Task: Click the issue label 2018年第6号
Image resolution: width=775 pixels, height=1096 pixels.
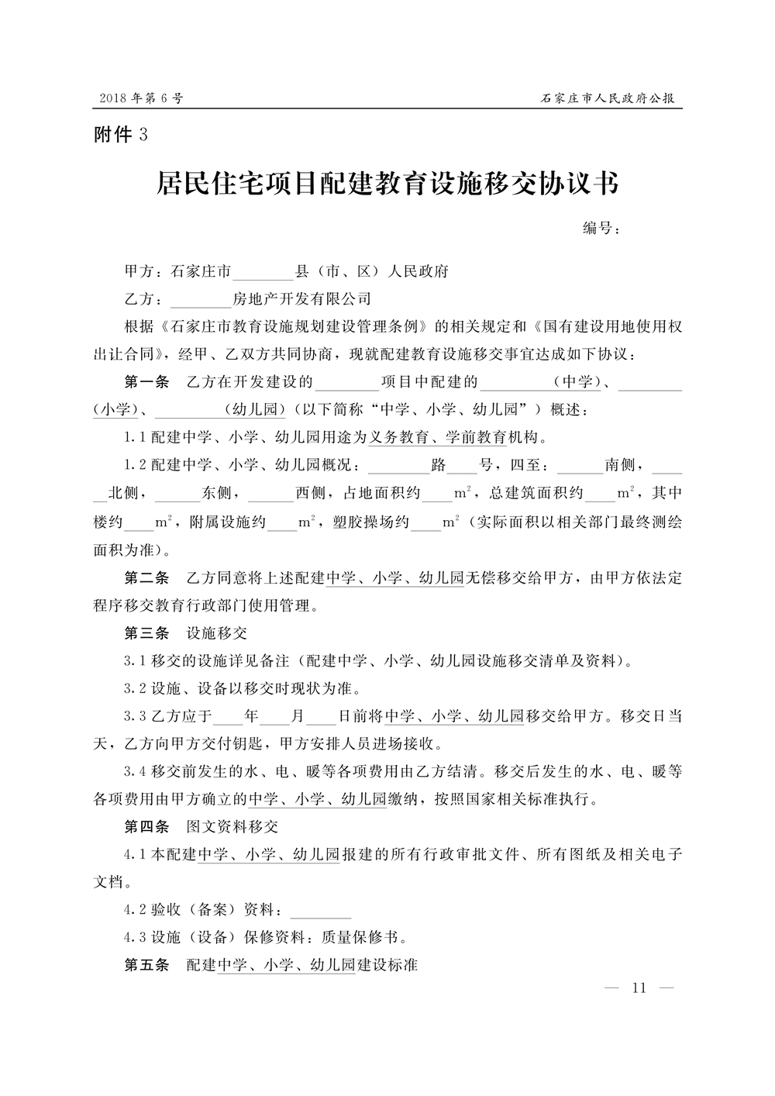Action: (141, 99)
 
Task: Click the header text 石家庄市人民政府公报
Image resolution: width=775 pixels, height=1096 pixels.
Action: (608, 99)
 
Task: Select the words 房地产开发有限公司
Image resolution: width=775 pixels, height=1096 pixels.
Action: (301, 299)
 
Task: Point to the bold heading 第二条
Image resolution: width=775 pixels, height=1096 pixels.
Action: (146, 578)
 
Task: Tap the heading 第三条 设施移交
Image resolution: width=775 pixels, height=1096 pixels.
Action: (186, 633)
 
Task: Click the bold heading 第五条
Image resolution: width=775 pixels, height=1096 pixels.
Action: (146, 966)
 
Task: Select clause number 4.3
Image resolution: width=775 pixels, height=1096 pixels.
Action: (135, 938)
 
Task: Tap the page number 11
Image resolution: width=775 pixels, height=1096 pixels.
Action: (639, 988)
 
